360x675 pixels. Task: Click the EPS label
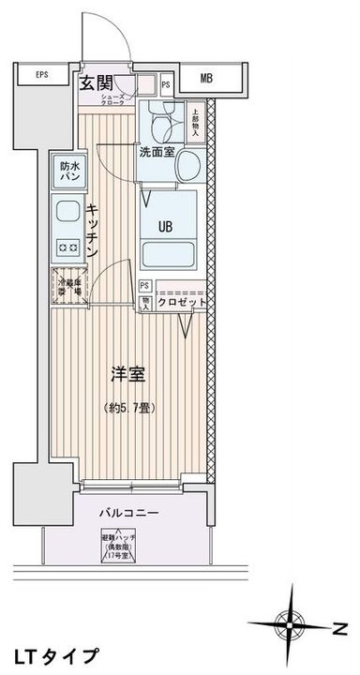42,75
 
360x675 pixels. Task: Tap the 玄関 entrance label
95,83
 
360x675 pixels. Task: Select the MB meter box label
206,78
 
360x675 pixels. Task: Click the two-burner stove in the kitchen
67,247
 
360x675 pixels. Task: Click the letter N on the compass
339,626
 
